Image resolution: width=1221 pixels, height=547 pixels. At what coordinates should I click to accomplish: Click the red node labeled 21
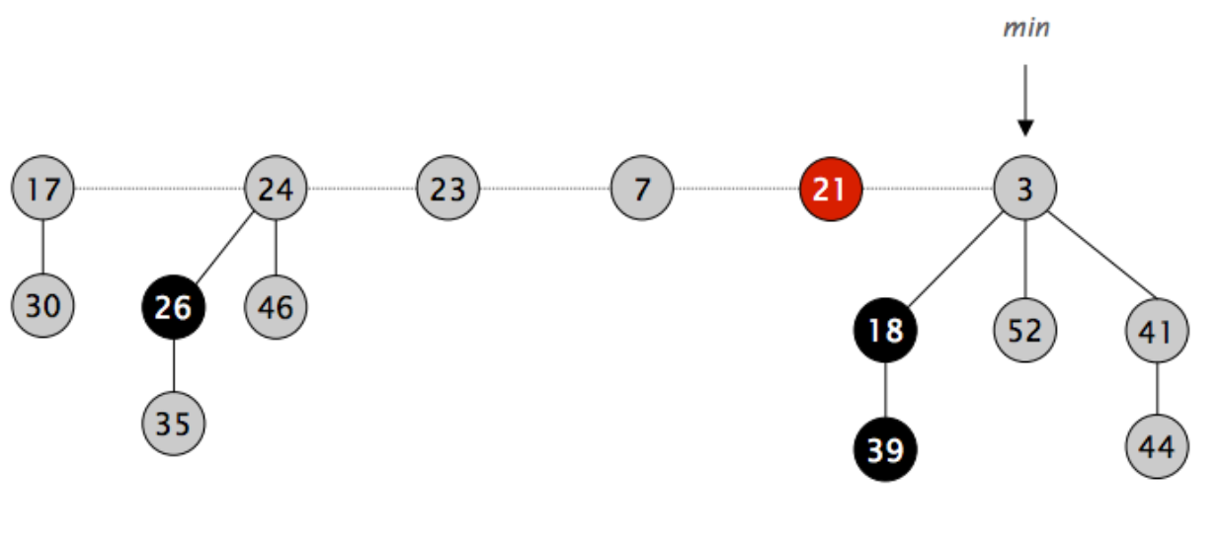831,188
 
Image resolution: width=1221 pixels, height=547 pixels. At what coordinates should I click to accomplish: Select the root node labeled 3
1024,188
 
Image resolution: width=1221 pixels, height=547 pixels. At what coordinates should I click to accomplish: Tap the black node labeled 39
885,449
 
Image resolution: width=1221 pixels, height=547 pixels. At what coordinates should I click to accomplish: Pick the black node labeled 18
885,330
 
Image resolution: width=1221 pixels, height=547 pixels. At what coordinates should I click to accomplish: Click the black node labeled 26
174,307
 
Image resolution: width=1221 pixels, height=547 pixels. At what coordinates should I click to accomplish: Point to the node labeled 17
42,188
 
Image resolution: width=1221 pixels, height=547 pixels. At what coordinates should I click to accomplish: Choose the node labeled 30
42,306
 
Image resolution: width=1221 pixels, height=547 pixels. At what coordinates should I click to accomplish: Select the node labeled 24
276,188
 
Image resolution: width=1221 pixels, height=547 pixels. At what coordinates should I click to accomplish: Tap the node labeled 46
276,307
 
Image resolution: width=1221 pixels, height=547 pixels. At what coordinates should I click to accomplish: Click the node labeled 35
174,424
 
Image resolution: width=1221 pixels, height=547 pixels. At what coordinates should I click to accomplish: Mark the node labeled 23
448,188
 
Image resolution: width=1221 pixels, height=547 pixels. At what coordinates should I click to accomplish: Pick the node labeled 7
642,188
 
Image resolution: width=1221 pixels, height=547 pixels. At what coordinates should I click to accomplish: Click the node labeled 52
1024,330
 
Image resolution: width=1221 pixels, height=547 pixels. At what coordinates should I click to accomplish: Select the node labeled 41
1157,331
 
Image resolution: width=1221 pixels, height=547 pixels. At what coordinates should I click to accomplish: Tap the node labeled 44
1157,447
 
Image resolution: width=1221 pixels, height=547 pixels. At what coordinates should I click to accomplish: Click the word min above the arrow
1025,29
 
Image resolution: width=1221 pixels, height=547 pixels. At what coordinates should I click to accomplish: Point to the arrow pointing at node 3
1025,99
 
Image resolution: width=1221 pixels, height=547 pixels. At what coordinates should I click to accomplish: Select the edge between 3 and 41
1092,259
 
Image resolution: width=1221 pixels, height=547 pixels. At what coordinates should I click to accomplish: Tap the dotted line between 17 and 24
158,188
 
